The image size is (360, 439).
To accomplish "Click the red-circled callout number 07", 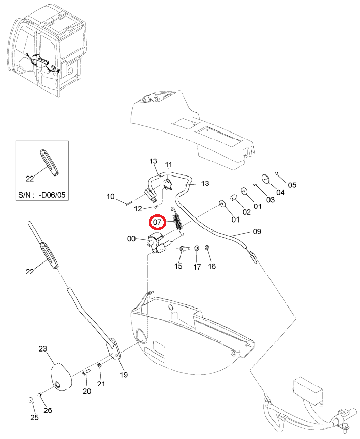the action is [158, 223].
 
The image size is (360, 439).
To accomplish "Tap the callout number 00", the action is [131, 239].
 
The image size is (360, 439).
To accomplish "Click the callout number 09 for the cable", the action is [257, 232].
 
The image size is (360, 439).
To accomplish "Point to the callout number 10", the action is [111, 197].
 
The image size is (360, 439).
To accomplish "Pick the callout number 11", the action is [169, 165].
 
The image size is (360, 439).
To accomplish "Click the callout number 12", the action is [138, 209].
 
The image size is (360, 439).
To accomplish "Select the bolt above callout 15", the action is [184, 248].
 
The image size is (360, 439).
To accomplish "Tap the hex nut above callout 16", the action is [207, 247].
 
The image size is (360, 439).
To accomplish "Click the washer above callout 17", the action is [197, 248].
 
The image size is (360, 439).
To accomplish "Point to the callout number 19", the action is [124, 375].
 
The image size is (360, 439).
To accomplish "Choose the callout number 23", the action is [43, 349].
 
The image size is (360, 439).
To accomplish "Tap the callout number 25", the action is [34, 417].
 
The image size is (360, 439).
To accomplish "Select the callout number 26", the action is [48, 411].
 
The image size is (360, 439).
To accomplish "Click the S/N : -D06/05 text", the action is [41, 195].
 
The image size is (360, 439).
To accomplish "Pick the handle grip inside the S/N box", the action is [49, 163].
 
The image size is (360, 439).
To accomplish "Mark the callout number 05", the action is [292, 185].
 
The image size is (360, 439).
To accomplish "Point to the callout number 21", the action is [101, 384].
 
